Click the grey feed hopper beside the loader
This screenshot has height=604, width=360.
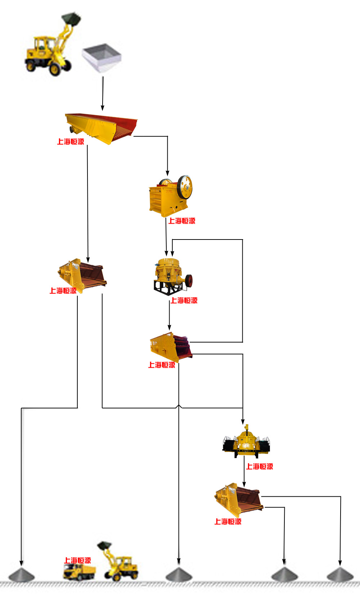tap(102, 57)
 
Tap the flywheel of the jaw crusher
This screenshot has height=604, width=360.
tap(185, 187)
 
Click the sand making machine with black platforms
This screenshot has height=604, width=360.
tap(246, 442)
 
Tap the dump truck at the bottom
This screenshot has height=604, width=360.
tap(79, 572)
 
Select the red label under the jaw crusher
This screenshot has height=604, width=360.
tap(182, 221)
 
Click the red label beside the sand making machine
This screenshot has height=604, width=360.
tap(260, 466)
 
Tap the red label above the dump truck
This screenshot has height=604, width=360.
tap(77, 560)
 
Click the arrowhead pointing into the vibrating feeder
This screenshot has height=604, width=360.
tap(103, 108)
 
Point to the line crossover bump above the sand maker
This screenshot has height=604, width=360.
tap(179, 406)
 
